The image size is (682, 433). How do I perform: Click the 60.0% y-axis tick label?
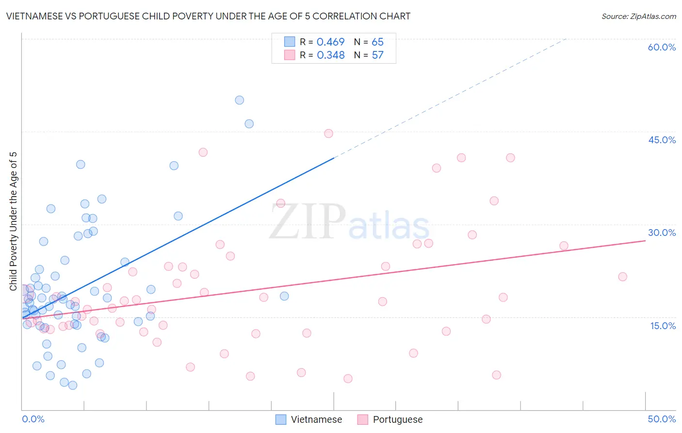click(662, 47)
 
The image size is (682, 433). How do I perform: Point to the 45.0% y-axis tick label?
click(662, 140)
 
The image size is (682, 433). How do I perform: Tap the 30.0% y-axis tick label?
click(662, 233)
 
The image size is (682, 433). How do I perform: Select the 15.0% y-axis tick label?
click(663, 326)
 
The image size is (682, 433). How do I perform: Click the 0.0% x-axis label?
click(33, 419)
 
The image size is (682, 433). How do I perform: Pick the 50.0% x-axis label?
click(662, 419)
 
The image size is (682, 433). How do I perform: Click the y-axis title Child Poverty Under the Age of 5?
click(13, 221)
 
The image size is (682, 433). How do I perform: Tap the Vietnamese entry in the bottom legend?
click(309, 419)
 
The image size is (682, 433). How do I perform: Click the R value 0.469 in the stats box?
click(330, 42)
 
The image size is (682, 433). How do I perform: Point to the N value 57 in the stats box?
click(377, 55)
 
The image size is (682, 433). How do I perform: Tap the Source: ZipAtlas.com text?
click(638, 17)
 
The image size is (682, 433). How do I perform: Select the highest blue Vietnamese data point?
click(239, 100)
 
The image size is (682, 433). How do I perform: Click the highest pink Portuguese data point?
click(328, 133)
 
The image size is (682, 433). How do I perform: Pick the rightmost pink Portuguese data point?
click(622, 277)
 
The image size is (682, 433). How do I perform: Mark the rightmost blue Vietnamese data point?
click(284, 296)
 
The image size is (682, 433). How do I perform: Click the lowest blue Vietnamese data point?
click(73, 385)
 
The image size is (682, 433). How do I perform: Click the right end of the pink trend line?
click(645, 240)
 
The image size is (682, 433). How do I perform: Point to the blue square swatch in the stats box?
click(290, 42)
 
